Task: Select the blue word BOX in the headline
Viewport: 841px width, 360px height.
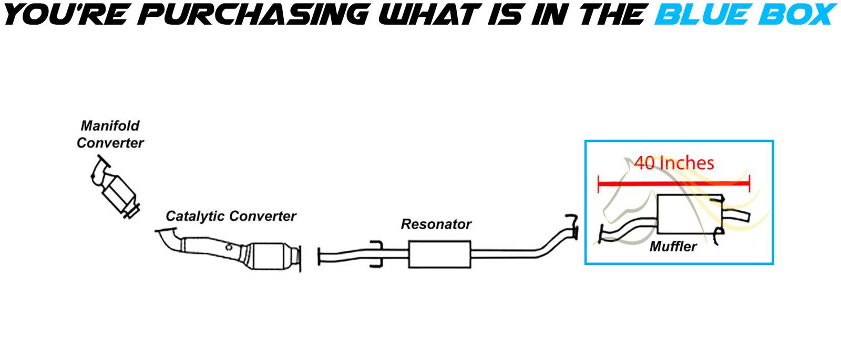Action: [798, 15]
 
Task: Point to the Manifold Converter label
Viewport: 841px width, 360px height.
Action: [110, 134]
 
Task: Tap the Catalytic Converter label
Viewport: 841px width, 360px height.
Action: [231, 216]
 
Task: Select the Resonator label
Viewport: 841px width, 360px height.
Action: [436, 224]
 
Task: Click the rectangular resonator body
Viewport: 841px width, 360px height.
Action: [439, 255]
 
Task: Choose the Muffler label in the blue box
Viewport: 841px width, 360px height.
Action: [673, 246]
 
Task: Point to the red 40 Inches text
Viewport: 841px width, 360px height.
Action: [674, 163]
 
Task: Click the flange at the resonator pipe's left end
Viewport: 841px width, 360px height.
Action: [319, 256]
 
